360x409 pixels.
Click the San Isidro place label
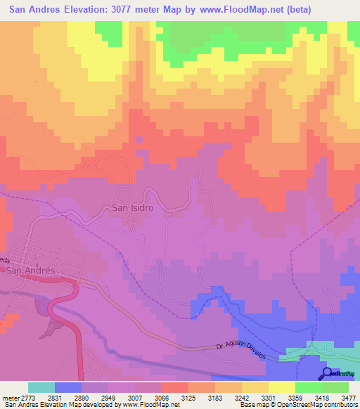click(133, 208)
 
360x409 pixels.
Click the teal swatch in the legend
click(41, 388)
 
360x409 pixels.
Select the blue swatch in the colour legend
click(68, 388)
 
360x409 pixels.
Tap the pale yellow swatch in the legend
click(281, 388)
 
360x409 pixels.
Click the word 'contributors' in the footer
click(339, 405)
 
